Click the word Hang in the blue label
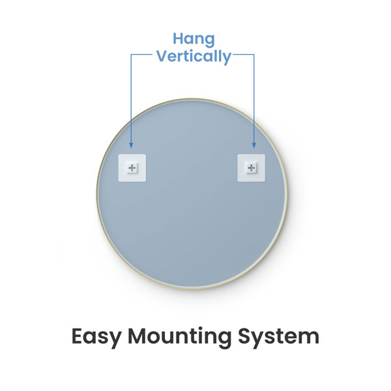tap(194, 40)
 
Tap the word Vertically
tap(194, 57)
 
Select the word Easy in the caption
tap(96, 337)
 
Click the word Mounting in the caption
tap(180, 337)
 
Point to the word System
tap(278, 337)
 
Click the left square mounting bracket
tap(132, 168)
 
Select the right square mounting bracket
tap(252, 168)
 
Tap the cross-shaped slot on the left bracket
tap(132, 168)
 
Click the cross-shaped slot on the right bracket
tap(252, 168)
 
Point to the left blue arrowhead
tap(131, 145)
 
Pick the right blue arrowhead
tap(254, 145)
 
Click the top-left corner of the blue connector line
tap(131, 54)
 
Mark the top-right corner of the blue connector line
tap(254, 54)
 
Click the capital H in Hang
tap(179, 39)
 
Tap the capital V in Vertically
tap(163, 56)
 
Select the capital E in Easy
tap(77, 336)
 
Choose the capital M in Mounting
tap(137, 336)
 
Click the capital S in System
tap(244, 336)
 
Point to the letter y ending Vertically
tap(226, 59)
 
